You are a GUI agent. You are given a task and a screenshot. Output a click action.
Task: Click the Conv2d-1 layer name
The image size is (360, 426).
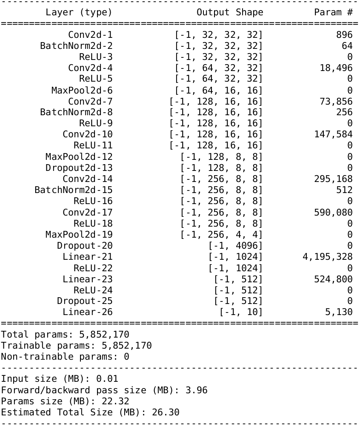(x=90, y=35)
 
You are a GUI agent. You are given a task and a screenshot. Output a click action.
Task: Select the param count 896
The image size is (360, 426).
(x=344, y=35)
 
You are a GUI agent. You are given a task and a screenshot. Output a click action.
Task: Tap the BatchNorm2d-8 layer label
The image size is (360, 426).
(x=76, y=112)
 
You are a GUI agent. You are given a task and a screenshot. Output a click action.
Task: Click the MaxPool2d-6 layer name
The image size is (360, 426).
(x=82, y=90)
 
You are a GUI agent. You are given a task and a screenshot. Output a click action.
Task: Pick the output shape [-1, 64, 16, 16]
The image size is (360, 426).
(x=219, y=90)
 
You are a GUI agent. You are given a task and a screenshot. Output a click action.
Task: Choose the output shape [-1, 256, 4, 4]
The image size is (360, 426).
(x=221, y=234)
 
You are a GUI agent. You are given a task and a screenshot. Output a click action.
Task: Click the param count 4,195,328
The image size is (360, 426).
(x=328, y=257)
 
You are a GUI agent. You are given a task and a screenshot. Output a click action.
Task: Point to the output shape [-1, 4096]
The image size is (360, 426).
(x=235, y=246)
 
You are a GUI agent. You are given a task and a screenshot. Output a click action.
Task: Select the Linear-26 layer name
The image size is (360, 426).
(x=88, y=312)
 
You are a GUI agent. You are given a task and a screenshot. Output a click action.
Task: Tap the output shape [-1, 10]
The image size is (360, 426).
(x=241, y=312)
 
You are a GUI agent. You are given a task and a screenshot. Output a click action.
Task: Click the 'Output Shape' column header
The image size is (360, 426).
(x=230, y=12)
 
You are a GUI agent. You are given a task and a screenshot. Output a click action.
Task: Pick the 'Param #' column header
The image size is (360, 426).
(x=333, y=12)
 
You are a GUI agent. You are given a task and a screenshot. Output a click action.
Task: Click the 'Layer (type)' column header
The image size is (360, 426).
(x=79, y=12)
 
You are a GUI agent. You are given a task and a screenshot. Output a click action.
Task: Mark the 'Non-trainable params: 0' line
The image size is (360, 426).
(x=65, y=356)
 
